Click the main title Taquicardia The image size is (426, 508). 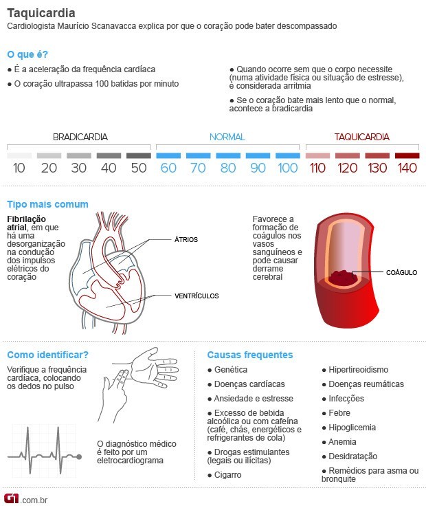click(x=41, y=13)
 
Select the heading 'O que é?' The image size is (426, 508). click(x=27, y=54)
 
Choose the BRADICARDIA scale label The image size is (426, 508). click(x=80, y=137)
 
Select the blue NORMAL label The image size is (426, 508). click(x=227, y=137)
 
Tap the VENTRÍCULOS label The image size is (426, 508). click(x=197, y=296)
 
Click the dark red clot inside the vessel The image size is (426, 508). click(x=341, y=278)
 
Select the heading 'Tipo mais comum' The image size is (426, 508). click(x=47, y=204)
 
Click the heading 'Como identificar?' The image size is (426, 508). click(x=47, y=355)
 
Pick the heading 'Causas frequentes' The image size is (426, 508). click(x=250, y=355)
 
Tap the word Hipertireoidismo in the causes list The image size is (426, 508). click(x=358, y=370)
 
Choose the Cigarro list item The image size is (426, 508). click(x=228, y=475)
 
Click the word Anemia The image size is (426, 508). click(x=342, y=442)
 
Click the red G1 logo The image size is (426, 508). click(x=12, y=498)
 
